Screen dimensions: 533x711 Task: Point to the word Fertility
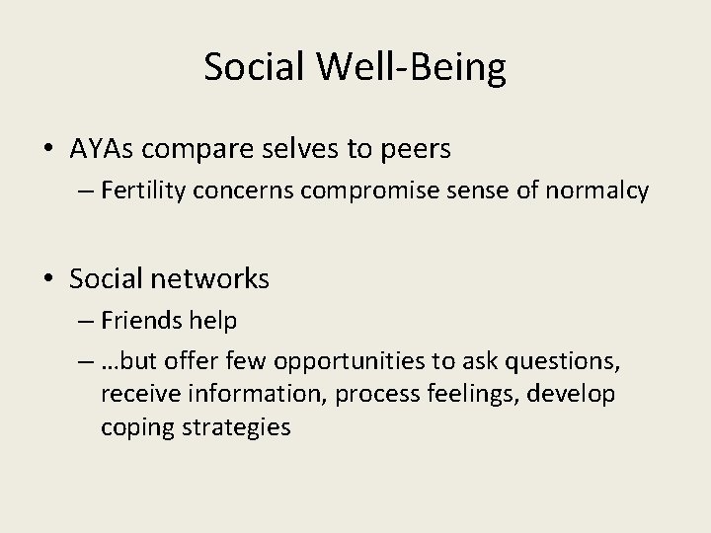[x=139, y=190]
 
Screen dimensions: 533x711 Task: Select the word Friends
[x=139, y=321]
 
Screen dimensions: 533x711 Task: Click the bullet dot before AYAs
[x=49, y=150]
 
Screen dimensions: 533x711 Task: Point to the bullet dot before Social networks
[x=49, y=280]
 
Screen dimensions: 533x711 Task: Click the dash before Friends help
[x=81, y=322]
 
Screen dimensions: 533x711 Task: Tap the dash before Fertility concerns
[x=81, y=191]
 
